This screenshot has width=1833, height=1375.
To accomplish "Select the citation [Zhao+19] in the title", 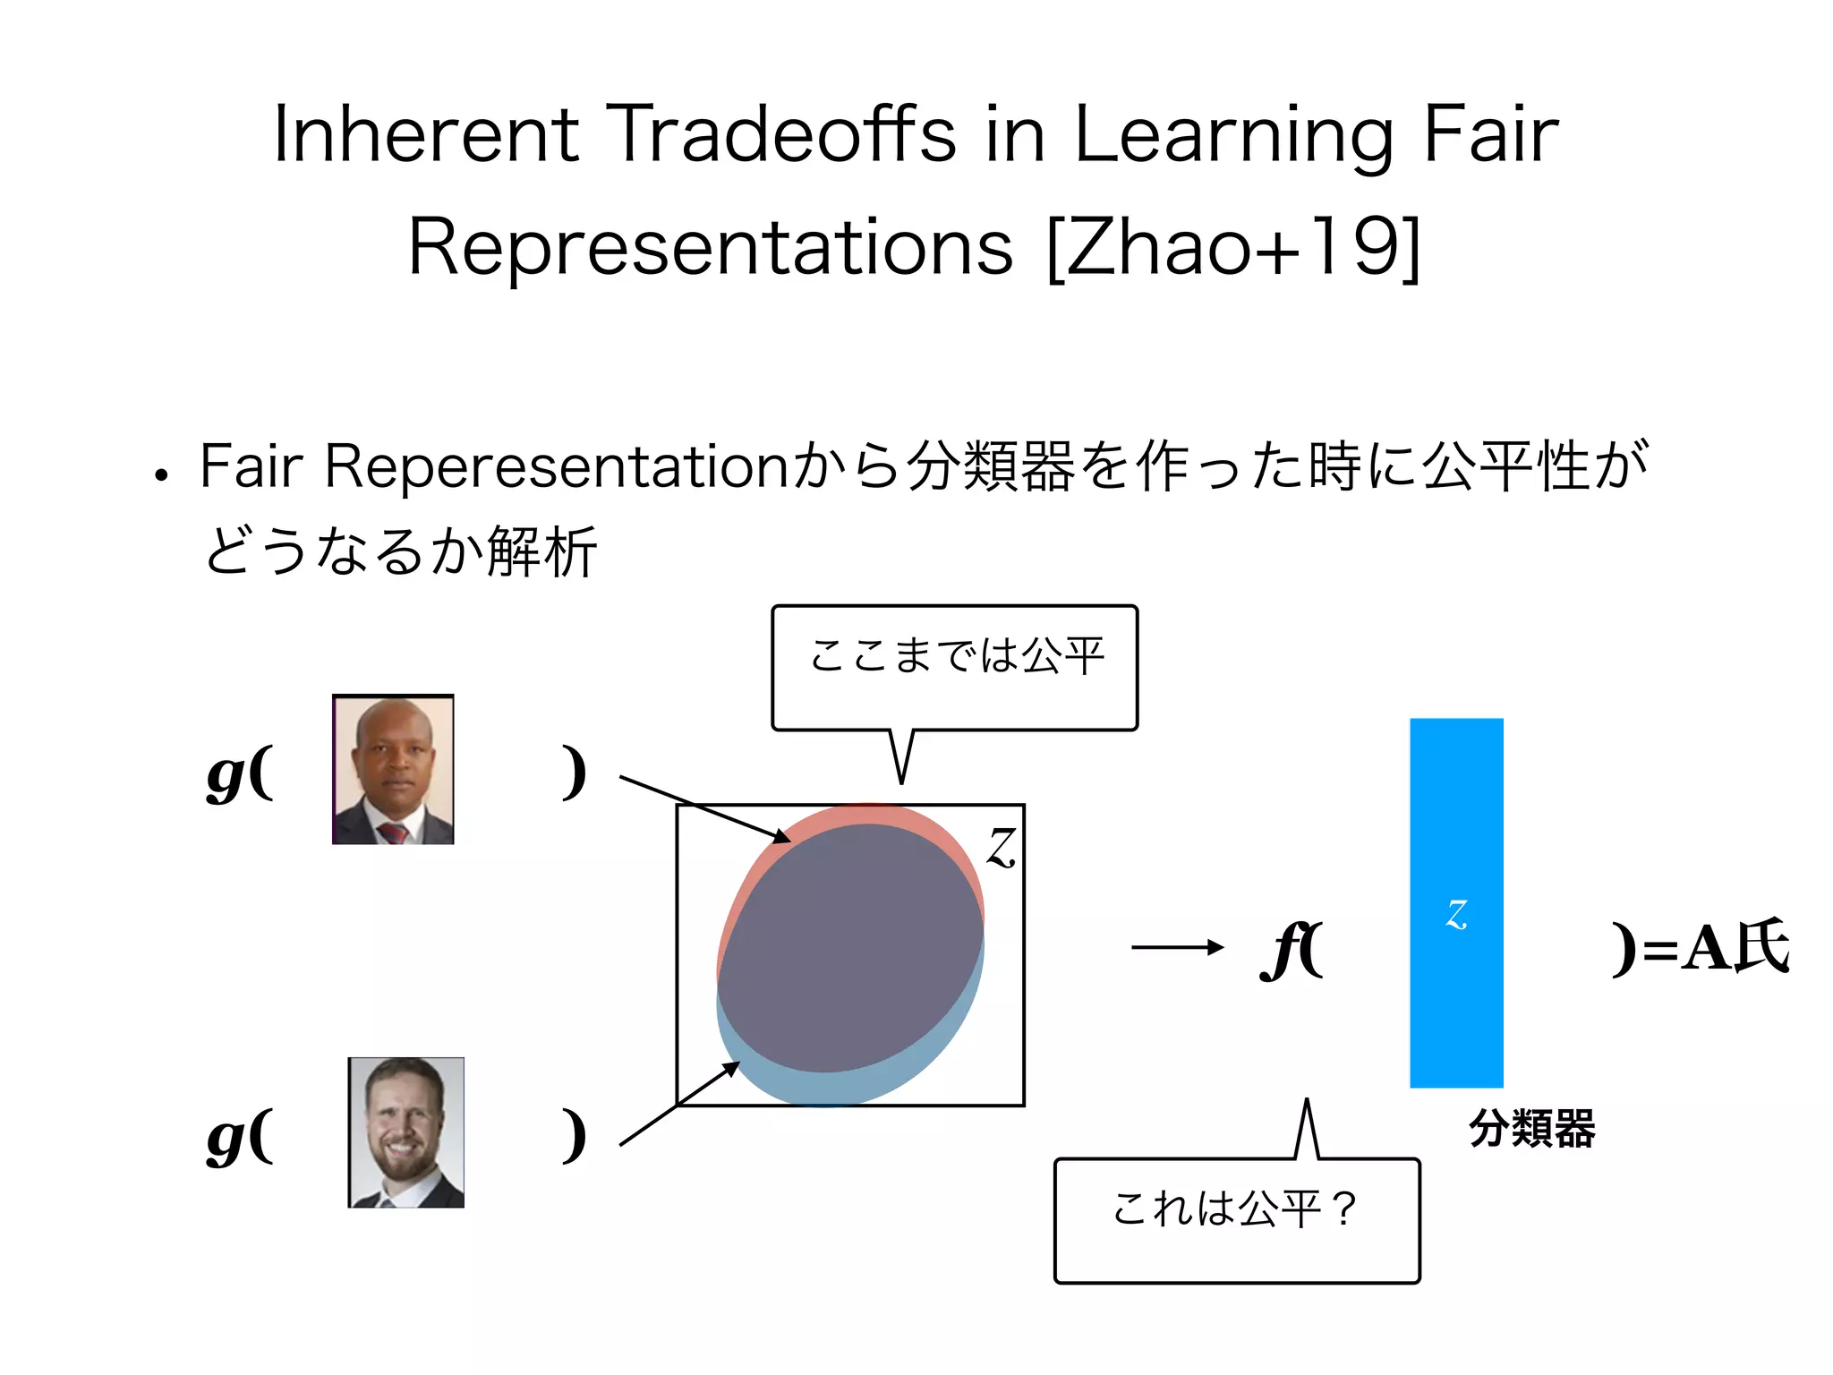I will [x=1233, y=247].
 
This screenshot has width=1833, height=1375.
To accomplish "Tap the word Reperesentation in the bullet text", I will [x=556, y=466].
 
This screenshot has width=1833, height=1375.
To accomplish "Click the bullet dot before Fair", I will [x=161, y=475].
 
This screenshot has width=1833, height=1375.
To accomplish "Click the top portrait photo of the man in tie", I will [x=393, y=770].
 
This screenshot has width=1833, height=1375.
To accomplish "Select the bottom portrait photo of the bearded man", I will [x=406, y=1132].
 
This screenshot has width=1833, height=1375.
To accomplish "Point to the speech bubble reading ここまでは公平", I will [x=955, y=667].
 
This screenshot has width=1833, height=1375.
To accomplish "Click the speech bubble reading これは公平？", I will [x=1237, y=1219].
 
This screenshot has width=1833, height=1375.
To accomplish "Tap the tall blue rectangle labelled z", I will [x=1456, y=902].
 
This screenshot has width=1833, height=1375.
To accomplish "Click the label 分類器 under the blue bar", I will [x=1531, y=1128].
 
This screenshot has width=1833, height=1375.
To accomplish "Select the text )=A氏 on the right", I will [x=1701, y=947].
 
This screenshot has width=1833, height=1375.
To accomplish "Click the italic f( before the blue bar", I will [x=1292, y=949].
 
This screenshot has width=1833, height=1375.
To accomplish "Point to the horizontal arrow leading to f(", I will [x=1177, y=947].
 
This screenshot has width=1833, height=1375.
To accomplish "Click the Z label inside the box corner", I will [x=1002, y=846].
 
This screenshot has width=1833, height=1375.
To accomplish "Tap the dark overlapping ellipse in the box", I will [x=850, y=949].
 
